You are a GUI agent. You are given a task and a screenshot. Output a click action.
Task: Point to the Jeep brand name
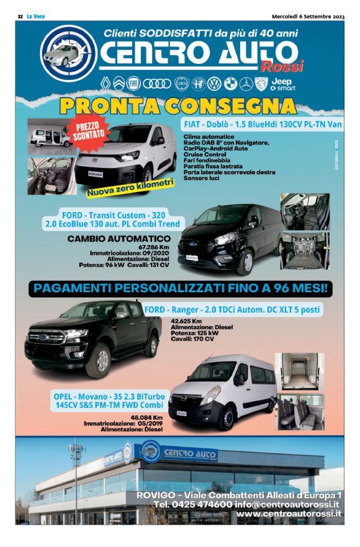282,81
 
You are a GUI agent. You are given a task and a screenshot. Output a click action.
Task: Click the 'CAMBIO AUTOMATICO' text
119,238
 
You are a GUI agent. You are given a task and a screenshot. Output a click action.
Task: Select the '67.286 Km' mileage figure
154,247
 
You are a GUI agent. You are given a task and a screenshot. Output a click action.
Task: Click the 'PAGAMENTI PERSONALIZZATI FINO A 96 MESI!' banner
179,288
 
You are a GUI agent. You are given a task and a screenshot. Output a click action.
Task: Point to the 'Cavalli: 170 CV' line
192,339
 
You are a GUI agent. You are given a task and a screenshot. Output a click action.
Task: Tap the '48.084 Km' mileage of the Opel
146,417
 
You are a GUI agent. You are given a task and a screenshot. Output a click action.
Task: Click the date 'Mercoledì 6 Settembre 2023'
308,16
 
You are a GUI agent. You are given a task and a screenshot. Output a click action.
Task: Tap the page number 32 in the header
20,16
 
